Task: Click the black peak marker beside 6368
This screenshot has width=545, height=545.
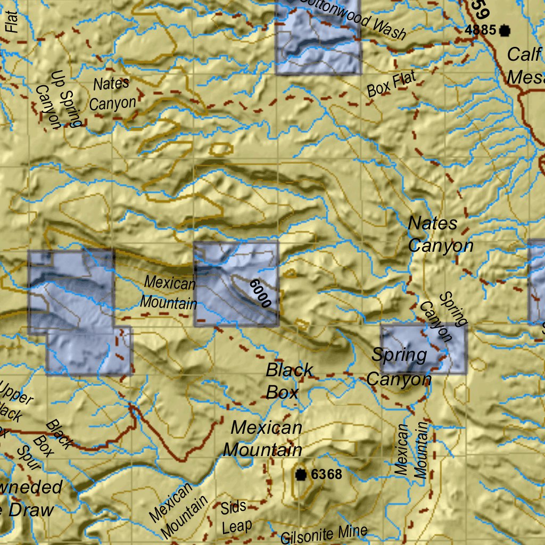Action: tap(301, 474)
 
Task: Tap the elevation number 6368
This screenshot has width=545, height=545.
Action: tap(326, 474)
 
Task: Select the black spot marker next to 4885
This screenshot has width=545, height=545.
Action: tap(504, 30)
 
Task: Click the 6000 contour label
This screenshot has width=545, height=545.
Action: tap(260, 293)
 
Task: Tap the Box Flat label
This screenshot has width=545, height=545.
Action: tap(391, 85)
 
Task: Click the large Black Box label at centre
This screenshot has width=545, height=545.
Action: tap(290, 381)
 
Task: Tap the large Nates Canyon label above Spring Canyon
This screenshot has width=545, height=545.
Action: tap(440, 235)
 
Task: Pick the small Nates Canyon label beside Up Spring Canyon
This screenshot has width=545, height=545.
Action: tap(112, 94)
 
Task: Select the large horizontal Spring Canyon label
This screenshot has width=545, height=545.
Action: tap(399, 367)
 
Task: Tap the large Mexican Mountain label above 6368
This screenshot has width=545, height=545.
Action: tap(263, 439)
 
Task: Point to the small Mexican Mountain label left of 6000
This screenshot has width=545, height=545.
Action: tap(169, 293)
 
